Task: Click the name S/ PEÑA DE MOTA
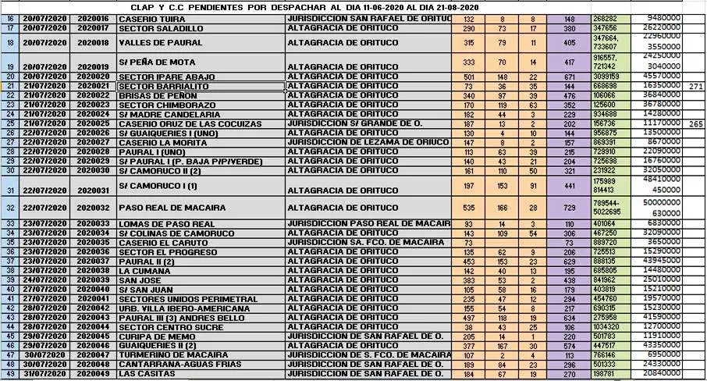(x=155, y=61)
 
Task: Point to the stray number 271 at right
(x=696, y=86)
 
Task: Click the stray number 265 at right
(x=696, y=124)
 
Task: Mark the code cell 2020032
(x=94, y=209)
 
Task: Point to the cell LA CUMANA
(x=141, y=271)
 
